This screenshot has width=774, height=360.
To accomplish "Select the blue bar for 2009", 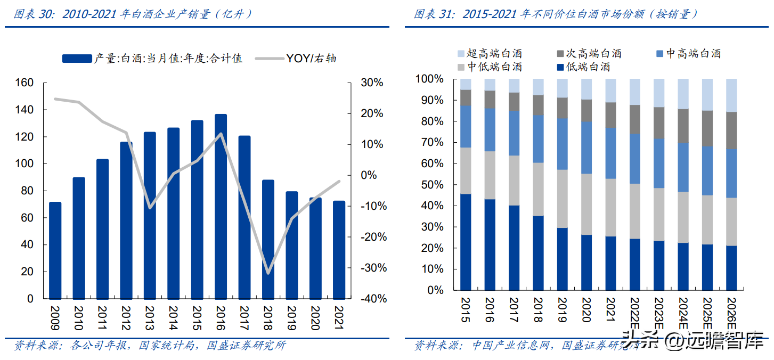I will [x=55, y=250].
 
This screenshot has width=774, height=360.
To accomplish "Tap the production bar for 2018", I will [x=268, y=240].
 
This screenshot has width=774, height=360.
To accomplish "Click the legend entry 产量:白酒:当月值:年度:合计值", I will [x=152, y=59].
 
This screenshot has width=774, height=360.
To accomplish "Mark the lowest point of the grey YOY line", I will [x=268, y=273].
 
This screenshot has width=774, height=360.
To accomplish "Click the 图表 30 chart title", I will [x=133, y=14].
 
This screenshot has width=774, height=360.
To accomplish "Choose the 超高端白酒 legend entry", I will [x=490, y=53].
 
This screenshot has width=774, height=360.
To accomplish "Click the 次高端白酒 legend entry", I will [x=589, y=53].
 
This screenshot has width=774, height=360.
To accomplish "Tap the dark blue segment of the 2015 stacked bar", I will [x=466, y=242].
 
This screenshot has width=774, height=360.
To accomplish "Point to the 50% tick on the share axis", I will [x=429, y=185].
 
